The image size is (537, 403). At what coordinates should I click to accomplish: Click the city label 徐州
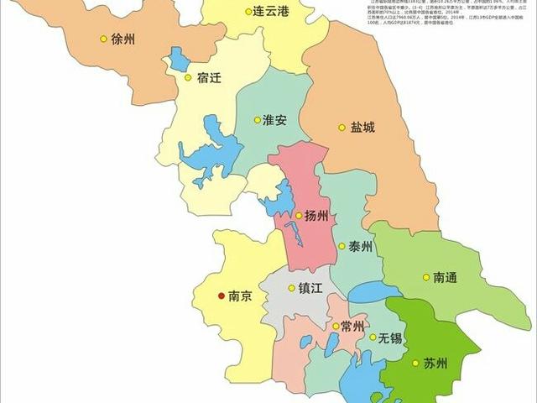(x=123, y=39)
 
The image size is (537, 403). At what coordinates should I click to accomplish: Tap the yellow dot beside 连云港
(x=249, y=12)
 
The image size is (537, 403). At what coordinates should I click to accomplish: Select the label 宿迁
(x=210, y=78)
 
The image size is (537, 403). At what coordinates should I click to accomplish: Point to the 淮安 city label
(x=274, y=119)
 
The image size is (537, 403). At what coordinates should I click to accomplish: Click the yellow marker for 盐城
(x=341, y=128)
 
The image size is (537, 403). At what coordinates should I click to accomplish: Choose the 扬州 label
(x=318, y=216)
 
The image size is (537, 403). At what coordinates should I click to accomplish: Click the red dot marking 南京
(x=221, y=296)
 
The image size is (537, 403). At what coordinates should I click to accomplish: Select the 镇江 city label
(x=310, y=287)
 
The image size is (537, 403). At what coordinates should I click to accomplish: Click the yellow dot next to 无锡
(x=373, y=338)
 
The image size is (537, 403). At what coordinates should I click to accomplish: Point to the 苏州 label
(x=435, y=364)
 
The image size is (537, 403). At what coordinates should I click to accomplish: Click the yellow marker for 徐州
(x=103, y=39)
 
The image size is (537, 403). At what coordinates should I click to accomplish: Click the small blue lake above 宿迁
(x=180, y=59)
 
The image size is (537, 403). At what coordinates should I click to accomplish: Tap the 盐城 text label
(x=362, y=128)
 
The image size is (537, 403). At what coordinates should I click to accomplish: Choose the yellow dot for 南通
(x=425, y=277)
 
